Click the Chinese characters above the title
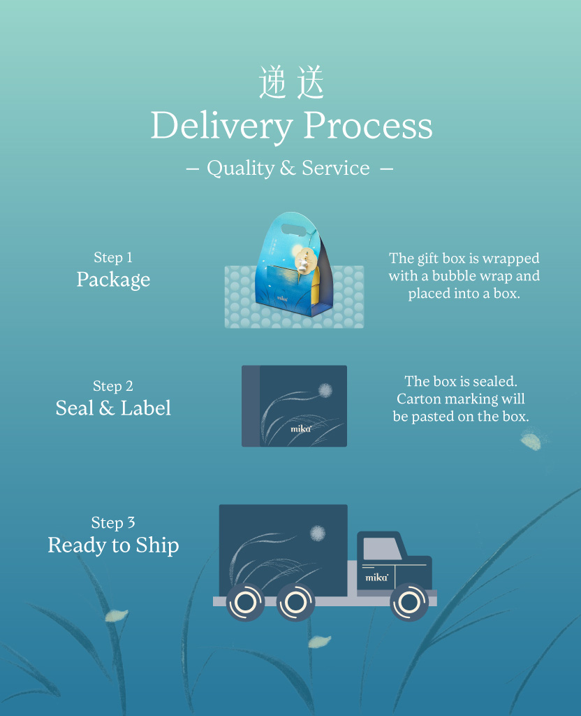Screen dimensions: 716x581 click(291, 83)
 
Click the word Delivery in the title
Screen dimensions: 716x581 click(221, 127)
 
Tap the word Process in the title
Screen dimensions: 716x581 click(368, 127)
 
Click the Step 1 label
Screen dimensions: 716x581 click(113, 258)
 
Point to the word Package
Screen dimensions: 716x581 click(113, 280)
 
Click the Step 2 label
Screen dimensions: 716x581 click(113, 387)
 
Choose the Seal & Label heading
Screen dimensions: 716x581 click(113, 408)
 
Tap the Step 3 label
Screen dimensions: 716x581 click(113, 523)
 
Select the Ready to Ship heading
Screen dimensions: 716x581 click(113, 545)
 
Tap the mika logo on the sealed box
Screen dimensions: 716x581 click(300, 429)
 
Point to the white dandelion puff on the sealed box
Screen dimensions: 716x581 click(325, 390)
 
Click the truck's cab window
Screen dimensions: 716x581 click(382, 549)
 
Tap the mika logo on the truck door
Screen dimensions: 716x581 click(376, 578)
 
